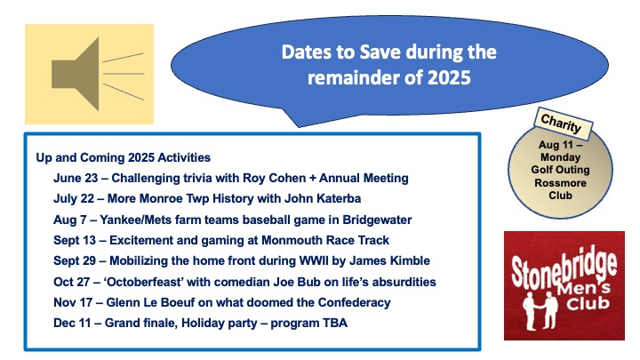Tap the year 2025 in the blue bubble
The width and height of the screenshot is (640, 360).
coord(449,77)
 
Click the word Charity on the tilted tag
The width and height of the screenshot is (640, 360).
coord(561,124)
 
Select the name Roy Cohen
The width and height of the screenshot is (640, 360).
coord(275,178)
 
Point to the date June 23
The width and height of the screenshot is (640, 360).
coord(76,178)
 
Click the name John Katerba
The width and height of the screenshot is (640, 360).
coord(323,198)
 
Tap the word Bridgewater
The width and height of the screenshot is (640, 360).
coord(377,220)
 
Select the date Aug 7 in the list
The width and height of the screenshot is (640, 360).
coord(70,220)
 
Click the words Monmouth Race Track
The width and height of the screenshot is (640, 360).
coord(325,240)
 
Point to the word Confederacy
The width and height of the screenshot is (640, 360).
coord(355,302)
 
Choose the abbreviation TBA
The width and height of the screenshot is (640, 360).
coord(335,323)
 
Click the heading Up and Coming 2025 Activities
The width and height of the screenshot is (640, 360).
coord(124,157)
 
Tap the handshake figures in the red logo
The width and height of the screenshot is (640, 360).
coord(540,311)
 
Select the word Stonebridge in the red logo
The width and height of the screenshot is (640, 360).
coord(564,268)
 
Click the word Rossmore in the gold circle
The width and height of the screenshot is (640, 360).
coord(560,182)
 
